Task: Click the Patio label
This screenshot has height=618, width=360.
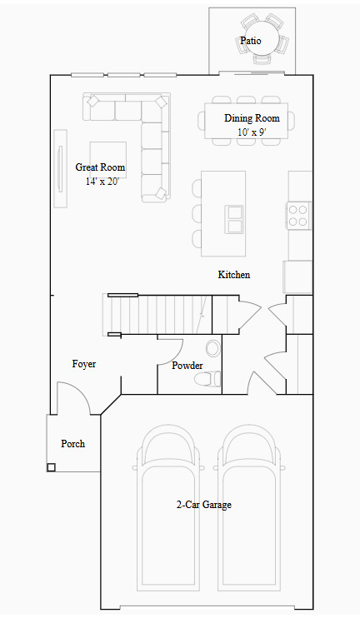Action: click(251, 41)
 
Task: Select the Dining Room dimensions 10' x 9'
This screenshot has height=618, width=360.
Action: click(252, 132)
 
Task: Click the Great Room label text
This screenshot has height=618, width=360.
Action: click(100, 167)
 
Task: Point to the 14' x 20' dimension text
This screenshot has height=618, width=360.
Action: click(101, 182)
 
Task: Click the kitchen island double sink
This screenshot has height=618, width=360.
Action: click(234, 219)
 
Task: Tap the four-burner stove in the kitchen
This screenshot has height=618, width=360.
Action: click(298, 215)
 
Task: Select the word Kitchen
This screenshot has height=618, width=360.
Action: click(234, 275)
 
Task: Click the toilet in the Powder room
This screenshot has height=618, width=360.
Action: click(207, 379)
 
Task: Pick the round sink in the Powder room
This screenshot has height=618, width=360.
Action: click(213, 348)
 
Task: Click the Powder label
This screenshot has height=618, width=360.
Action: click(187, 366)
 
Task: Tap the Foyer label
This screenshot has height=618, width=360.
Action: click(84, 364)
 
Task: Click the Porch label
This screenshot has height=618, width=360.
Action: click(73, 444)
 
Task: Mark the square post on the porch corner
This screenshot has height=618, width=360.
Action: click(52, 467)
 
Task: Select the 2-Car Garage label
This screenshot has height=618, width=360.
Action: click(204, 505)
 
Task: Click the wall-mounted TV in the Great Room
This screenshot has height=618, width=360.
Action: click(60, 169)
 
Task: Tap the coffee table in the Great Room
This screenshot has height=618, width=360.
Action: click(108, 161)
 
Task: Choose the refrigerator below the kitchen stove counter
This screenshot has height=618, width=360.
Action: click(298, 277)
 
